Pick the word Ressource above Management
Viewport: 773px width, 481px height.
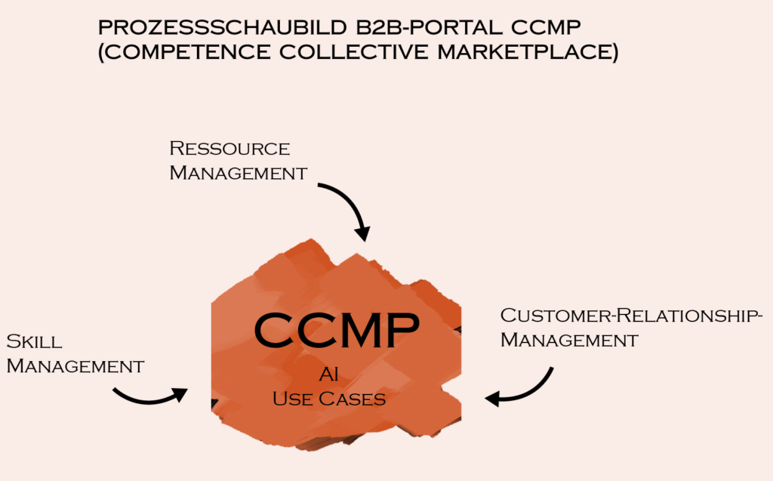click(x=229, y=148)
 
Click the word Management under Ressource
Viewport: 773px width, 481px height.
click(x=238, y=173)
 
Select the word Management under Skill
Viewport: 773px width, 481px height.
click(x=75, y=366)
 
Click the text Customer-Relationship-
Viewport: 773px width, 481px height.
click(x=630, y=315)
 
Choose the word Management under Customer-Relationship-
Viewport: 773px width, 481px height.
click(x=568, y=340)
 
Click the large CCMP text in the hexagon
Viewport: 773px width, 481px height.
click(x=337, y=329)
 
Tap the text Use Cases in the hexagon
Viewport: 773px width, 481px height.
click(x=329, y=398)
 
